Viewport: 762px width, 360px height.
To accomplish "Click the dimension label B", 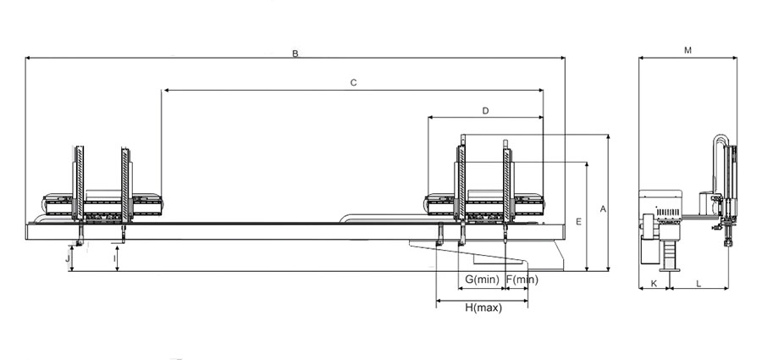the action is (295, 53).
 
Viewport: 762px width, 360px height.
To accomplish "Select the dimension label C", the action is (353, 83).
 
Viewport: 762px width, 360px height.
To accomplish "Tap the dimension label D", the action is (485, 111).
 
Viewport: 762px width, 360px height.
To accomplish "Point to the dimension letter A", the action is (603, 209).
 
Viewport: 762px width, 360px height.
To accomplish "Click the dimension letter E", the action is (578, 222).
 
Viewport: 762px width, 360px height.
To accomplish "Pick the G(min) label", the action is (482, 280).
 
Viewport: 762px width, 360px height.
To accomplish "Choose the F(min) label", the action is (522, 280).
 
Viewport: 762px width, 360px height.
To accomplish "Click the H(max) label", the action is (483, 307).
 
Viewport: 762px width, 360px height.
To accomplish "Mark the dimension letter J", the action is (68, 258).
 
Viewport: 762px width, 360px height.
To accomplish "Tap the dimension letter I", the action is (114, 258).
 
